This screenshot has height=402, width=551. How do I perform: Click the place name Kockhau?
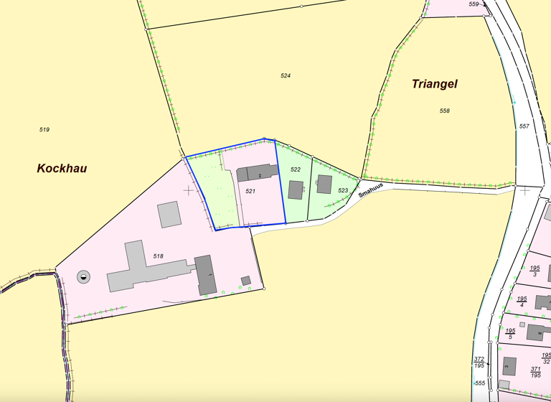pyautogui.click(x=62, y=168)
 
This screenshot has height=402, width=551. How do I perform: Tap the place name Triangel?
pyautogui.click(x=434, y=84)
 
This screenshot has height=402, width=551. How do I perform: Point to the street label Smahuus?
pyautogui.click(x=372, y=189)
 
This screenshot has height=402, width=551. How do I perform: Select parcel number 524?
pyautogui.click(x=286, y=75)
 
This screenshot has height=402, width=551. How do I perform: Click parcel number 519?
pyautogui.click(x=44, y=130)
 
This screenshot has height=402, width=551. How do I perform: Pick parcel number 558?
pyautogui.click(x=444, y=111)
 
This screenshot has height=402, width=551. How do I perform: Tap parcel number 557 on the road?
pyautogui.click(x=524, y=126)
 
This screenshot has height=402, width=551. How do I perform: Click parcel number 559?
pyautogui.click(x=474, y=4)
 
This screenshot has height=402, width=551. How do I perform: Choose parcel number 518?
pyautogui.click(x=159, y=256)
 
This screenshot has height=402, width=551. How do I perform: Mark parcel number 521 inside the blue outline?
pyautogui.click(x=250, y=192)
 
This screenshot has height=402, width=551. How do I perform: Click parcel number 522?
pyautogui.click(x=295, y=169)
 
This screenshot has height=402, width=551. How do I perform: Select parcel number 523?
pyautogui.click(x=343, y=190)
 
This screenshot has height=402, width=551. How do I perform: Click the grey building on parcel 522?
pyautogui.click(x=296, y=190)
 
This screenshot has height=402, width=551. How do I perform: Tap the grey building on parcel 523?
pyautogui.click(x=324, y=184)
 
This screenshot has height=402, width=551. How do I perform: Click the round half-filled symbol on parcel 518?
pyautogui.click(x=84, y=276)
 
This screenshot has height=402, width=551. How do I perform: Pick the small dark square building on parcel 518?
pyautogui.click(x=245, y=281)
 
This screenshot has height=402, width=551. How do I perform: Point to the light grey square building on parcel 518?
pyautogui.click(x=169, y=214)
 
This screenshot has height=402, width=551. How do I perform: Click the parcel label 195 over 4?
pyautogui.click(x=522, y=301)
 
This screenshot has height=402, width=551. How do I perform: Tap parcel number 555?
pyautogui.click(x=480, y=383)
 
